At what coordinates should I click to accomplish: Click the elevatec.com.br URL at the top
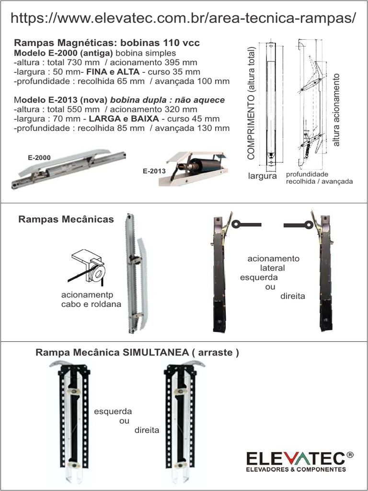tap(184, 18)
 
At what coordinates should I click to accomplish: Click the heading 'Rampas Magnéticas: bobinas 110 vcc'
tap(107, 43)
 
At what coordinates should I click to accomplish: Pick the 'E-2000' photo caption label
tap(39, 157)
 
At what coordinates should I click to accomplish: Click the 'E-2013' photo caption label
tap(154, 171)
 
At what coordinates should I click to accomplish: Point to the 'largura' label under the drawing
tap(262, 176)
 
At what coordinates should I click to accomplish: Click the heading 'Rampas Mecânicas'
tap(66, 219)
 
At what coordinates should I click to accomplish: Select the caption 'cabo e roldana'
tap(91, 304)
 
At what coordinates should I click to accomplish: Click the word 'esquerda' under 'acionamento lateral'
tap(258, 277)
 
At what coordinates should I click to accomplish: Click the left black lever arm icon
tap(246, 224)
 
